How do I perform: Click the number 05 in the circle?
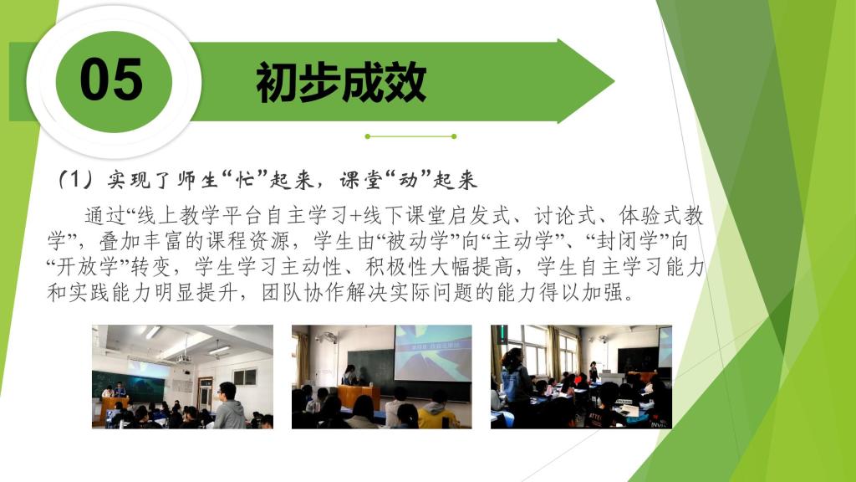[x=111, y=79]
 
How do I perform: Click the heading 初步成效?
[x=341, y=82]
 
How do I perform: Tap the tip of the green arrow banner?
[x=614, y=82]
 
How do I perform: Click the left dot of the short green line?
[x=368, y=136]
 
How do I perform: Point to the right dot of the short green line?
[x=454, y=136]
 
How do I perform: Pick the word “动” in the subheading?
[x=407, y=179]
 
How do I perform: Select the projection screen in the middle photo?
[x=433, y=352]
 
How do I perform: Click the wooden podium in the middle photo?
[x=359, y=396]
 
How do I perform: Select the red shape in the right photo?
[x=578, y=378]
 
